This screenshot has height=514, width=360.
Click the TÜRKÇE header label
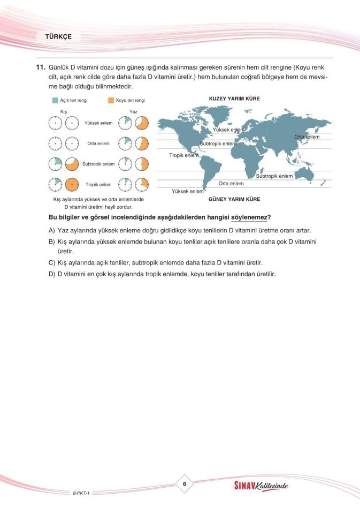[x=58, y=37]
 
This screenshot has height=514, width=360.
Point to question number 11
[x=40, y=67]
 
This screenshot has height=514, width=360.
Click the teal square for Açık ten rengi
[x=55, y=100]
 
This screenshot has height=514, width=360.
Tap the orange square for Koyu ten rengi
[x=111, y=100]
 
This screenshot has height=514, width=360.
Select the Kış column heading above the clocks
[x=63, y=111]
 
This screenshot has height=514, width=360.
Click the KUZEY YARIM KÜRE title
[x=234, y=99]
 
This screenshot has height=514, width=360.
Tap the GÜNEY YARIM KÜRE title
[x=234, y=199]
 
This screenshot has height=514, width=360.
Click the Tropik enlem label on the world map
[x=183, y=155]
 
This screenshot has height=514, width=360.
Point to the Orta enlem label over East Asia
[x=307, y=137]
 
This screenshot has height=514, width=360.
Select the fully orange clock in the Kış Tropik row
[x=72, y=185]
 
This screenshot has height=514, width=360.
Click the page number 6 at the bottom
[x=184, y=484]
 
